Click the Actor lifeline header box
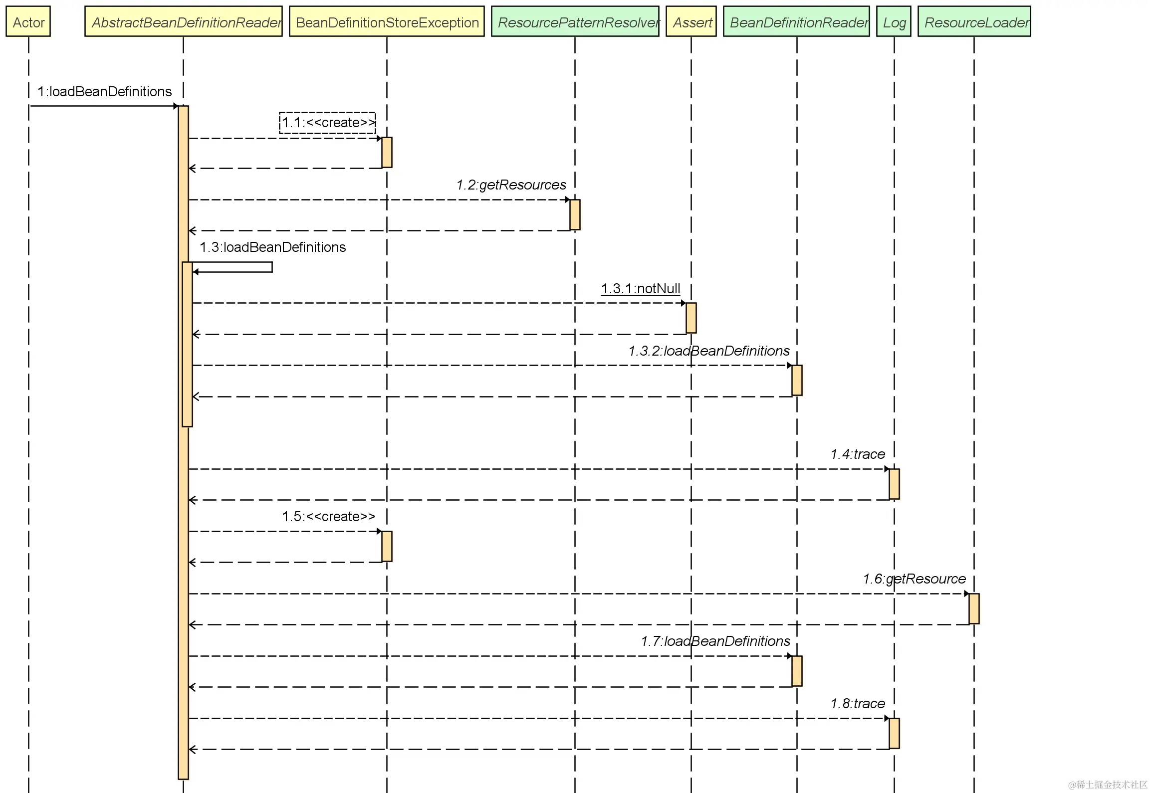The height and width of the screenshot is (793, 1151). [28, 22]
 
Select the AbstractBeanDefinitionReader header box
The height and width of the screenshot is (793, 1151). [184, 22]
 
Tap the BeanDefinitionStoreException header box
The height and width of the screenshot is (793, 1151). [387, 22]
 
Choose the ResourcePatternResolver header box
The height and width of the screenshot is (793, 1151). [575, 22]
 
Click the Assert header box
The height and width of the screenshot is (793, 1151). [691, 22]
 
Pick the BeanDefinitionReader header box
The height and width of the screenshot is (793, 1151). [796, 22]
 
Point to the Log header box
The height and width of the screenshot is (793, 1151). [894, 22]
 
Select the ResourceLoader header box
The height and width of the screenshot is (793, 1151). [974, 22]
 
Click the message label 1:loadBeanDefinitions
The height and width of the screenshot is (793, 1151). [105, 92]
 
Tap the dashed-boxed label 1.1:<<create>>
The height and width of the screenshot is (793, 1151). [328, 123]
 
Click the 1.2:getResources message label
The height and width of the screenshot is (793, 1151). [511, 185]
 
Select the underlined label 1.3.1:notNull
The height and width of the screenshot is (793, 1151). [641, 289]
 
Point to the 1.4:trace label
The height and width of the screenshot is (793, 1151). [858, 454]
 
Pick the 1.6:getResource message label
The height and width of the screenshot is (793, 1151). [914, 579]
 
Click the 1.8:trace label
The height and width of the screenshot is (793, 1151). [858, 704]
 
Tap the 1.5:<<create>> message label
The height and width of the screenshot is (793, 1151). [328, 517]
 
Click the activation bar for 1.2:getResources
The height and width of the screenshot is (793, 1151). [575, 214]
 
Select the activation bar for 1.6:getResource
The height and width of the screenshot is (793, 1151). [974, 608]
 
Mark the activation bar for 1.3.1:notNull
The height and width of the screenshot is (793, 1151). [691, 318]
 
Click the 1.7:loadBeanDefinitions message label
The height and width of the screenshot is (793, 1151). [715, 641]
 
